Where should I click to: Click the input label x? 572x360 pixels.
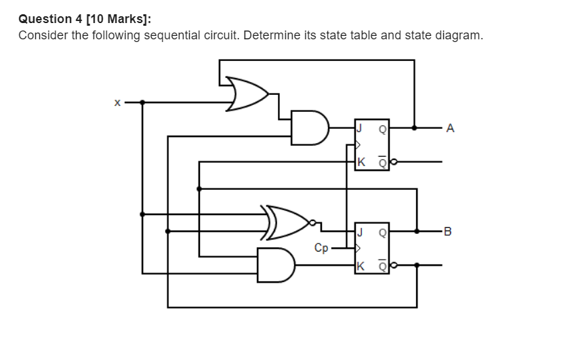point(117,102)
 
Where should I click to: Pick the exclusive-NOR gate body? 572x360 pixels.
point(287,222)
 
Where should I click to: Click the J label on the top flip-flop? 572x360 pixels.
point(361,127)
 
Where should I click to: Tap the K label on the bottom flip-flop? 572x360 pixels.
point(361,265)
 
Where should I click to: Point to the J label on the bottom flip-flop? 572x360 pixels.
point(361,231)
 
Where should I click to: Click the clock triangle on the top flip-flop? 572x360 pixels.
point(359,144)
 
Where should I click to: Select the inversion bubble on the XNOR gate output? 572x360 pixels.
point(312,222)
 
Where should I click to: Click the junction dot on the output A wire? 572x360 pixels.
point(414,127)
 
